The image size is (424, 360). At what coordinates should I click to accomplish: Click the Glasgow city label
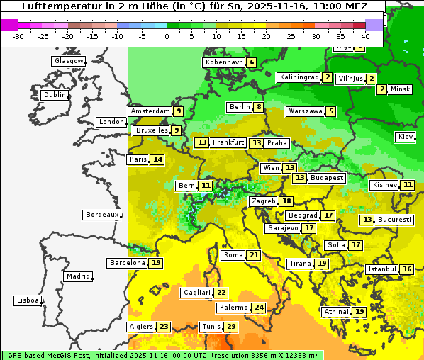click(x=69, y=61)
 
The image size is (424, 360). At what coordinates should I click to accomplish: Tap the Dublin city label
click(x=55, y=95)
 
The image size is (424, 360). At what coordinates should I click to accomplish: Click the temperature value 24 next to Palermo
click(x=260, y=308)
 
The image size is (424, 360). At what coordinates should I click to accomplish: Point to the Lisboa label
click(x=28, y=300)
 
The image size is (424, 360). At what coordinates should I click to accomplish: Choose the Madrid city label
click(x=78, y=276)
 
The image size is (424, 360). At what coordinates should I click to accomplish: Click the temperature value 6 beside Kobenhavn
click(x=251, y=62)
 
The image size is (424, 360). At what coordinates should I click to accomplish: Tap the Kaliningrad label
click(x=299, y=77)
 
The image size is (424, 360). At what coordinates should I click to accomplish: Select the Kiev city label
click(x=406, y=136)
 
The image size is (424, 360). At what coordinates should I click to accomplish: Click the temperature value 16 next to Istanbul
click(x=407, y=269)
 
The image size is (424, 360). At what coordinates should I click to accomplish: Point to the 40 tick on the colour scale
click(x=365, y=35)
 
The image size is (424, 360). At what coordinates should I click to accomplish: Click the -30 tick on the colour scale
click(x=18, y=35)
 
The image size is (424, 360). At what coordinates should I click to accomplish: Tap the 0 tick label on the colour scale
click(x=167, y=35)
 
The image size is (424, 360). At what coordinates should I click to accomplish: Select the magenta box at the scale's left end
click(x=9, y=25)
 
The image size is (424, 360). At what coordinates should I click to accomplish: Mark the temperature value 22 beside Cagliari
click(x=221, y=293)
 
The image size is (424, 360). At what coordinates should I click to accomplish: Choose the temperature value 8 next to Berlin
click(x=260, y=107)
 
